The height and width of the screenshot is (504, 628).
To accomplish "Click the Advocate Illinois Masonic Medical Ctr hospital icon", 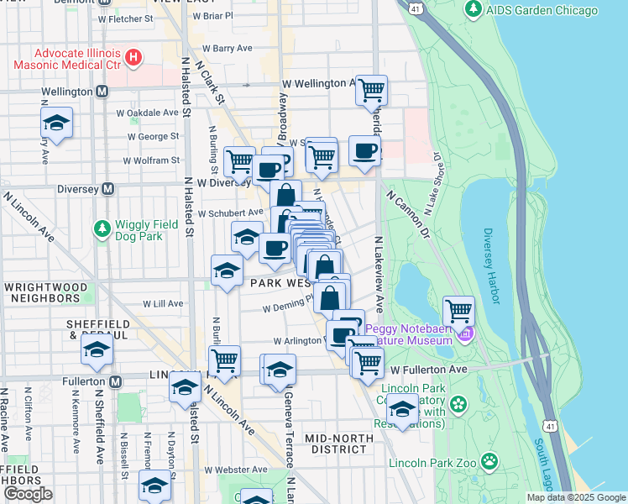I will [x=132, y=57].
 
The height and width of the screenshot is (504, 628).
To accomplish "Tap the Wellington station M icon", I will [x=102, y=91].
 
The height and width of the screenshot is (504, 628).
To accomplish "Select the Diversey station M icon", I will [x=107, y=189].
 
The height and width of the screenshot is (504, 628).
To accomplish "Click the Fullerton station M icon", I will [x=115, y=381].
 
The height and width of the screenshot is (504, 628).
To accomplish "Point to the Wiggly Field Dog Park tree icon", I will [x=102, y=228].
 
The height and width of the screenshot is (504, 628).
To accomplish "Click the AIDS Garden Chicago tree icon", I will [x=474, y=10].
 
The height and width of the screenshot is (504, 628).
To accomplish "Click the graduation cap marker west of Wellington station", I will [x=56, y=123].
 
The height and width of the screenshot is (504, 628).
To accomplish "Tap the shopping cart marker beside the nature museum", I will [x=458, y=311].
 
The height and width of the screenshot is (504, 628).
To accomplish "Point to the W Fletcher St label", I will [x=124, y=18].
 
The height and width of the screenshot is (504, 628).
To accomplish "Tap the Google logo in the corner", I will [x=27, y=494].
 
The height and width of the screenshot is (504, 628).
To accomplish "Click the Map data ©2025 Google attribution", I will [x=575, y=497].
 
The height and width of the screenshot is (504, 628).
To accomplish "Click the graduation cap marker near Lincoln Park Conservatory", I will [x=403, y=412].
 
